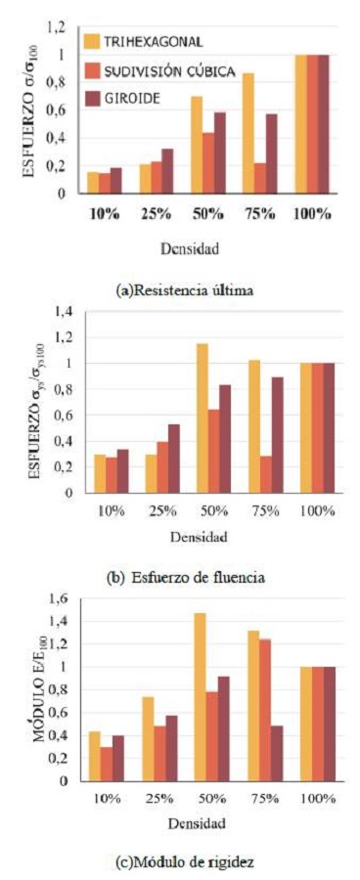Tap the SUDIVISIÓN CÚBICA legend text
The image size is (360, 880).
coord(173,69)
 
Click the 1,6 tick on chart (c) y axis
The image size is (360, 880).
coord(65,597)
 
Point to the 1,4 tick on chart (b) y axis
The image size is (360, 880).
coord(65,312)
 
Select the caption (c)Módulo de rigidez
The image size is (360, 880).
coord(178,861)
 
